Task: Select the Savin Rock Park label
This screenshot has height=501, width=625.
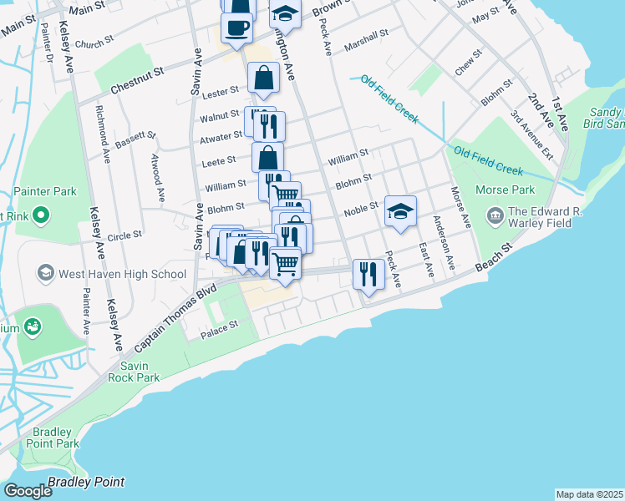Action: [x=140, y=372]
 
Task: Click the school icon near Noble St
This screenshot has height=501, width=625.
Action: [x=400, y=210]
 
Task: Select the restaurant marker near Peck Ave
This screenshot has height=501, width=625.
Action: [x=368, y=272]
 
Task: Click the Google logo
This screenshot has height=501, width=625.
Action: [x=28, y=491]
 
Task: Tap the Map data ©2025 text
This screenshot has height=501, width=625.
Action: [x=588, y=494]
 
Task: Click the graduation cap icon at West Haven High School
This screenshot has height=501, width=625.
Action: [x=45, y=274]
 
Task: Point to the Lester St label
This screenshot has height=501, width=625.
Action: [x=221, y=89]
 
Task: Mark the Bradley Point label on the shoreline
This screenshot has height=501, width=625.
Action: [x=87, y=482]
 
